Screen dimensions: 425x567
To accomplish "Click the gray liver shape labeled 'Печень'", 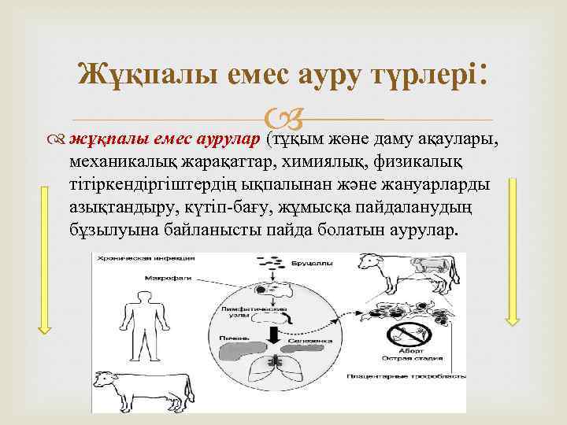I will click(235, 346).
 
